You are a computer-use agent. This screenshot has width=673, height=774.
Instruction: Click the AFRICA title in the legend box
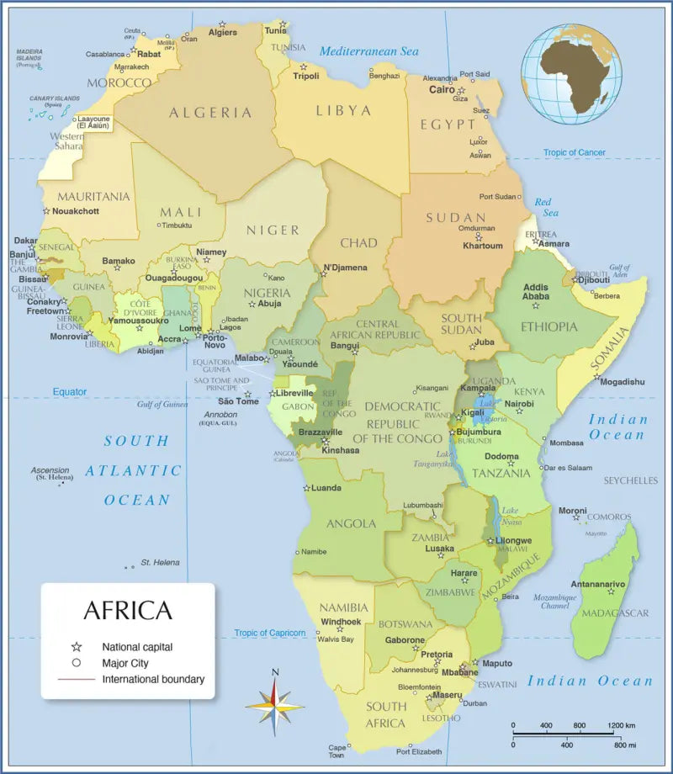[127, 610]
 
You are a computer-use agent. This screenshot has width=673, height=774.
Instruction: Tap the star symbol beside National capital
[77, 647]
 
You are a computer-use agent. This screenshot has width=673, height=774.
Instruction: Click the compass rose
[275, 702]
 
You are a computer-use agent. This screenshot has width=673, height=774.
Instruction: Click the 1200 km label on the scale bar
[623, 725]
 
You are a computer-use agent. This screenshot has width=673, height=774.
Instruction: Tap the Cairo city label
[442, 89]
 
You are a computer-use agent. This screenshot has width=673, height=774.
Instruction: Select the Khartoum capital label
[482, 246]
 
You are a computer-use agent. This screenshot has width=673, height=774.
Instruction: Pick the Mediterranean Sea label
[368, 51]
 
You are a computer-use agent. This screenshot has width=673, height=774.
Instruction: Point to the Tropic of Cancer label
[574, 152]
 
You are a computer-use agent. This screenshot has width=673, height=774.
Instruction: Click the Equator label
[70, 392]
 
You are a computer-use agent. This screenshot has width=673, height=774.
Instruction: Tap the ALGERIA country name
[210, 112]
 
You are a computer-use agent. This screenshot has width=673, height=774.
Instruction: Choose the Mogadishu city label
[623, 381]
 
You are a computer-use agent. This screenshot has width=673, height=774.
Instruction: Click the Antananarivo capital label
[598, 583]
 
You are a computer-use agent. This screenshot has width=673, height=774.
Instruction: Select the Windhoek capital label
[341, 622]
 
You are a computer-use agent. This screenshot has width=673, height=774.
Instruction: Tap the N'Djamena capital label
[345, 268]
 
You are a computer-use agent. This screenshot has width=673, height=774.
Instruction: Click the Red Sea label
[543, 207]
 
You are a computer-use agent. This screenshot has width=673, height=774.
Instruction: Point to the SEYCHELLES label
[630, 480]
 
